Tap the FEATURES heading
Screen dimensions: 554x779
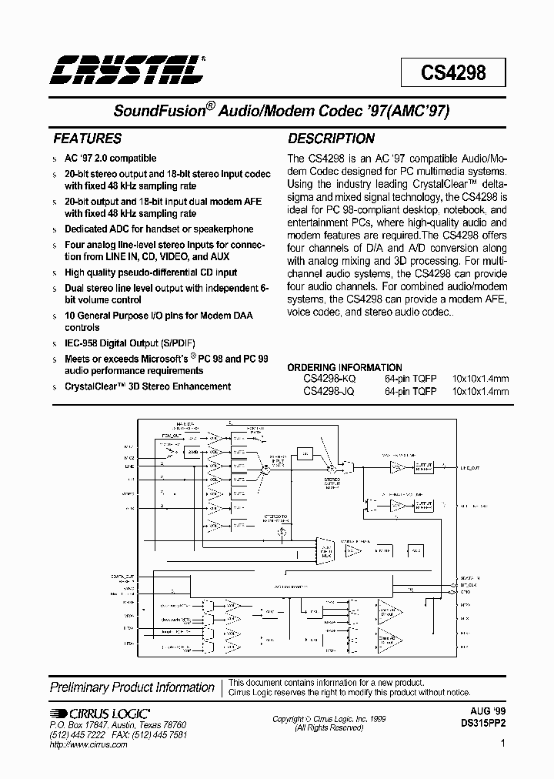(x=86, y=139)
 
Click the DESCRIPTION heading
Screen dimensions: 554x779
(x=331, y=139)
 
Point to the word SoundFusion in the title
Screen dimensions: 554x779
(x=157, y=111)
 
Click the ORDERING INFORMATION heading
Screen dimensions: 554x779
(x=345, y=367)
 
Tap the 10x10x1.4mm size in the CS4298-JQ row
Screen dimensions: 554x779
(x=481, y=391)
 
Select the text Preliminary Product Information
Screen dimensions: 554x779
(x=132, y=687)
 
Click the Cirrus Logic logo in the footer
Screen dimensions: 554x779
(x=100, y=714)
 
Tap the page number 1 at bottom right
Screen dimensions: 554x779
(x=503, y=744)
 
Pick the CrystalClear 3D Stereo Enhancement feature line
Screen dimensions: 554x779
(x=147, y=386)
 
